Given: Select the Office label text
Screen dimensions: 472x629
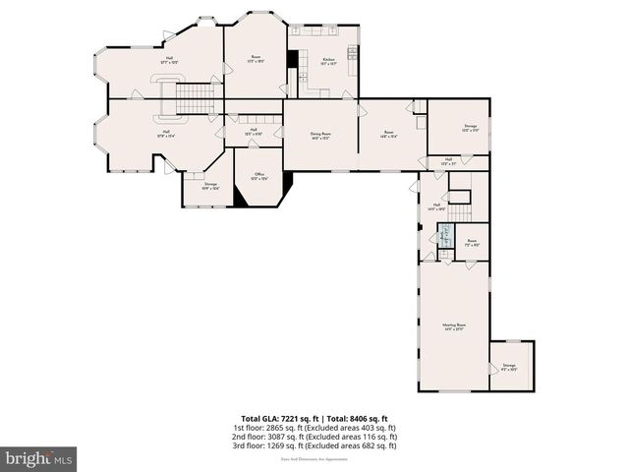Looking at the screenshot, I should (x=258, y=177).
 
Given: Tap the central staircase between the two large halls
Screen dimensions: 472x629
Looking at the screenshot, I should (x=194, y=97).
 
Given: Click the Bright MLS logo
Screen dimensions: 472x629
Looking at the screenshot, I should (x=39, y=458).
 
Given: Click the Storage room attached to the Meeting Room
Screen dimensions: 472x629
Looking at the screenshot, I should (x=510, y=366).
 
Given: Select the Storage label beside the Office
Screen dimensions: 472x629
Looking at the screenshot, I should (x=210, y=186).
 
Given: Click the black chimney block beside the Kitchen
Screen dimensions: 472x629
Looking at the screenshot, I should (x=292, y=59).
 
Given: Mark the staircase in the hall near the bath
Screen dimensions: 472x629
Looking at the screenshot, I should (x=460, y=211).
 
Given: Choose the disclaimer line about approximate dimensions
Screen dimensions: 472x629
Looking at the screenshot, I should (x=314, y=458).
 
